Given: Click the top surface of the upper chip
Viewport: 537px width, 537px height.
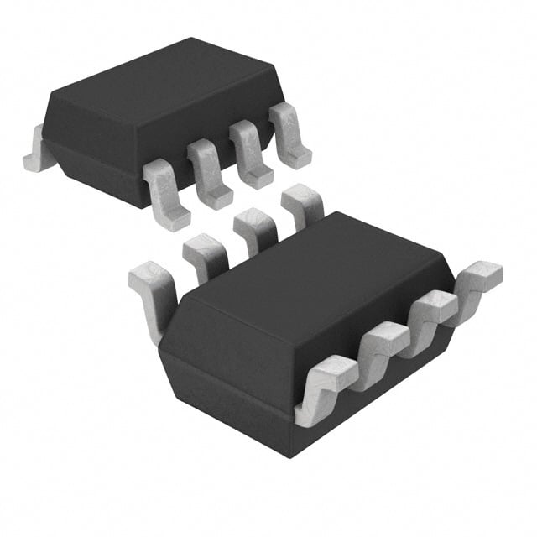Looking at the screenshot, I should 159,84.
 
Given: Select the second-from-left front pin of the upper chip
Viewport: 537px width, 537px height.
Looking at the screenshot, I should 210,174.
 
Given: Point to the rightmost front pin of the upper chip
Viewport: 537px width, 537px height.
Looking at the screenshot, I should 291,136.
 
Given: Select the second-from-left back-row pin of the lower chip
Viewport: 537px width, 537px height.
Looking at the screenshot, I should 204,256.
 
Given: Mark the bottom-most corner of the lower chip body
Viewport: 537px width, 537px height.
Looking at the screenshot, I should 289,454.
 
